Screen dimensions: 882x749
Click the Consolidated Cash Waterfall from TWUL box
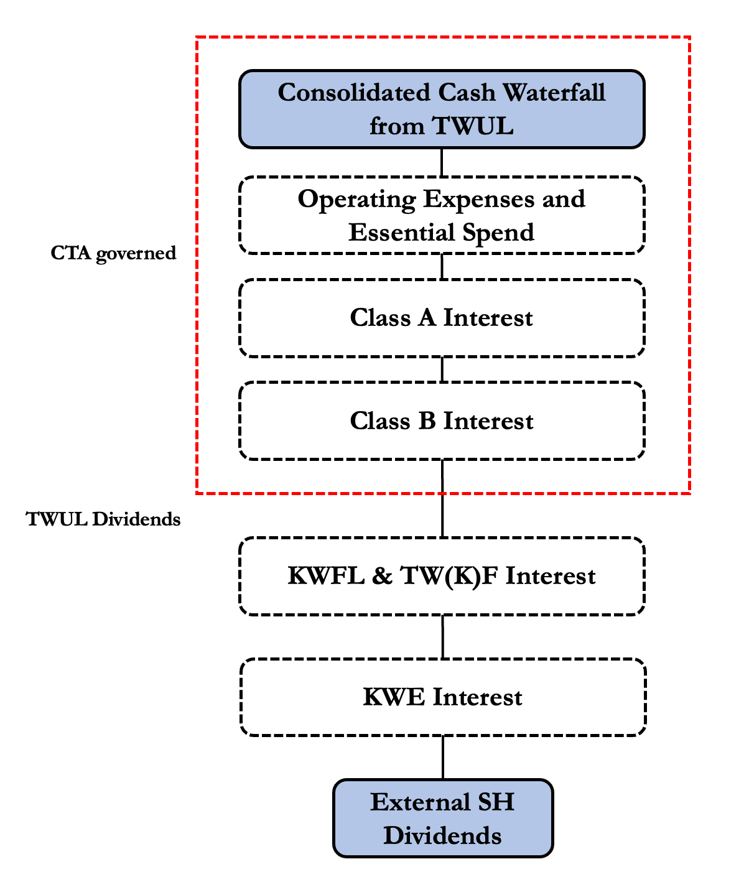point(442,109)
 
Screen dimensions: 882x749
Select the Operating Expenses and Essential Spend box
point(442,215)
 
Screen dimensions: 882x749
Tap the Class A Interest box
point(442,318)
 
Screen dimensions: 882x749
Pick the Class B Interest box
point(442,421)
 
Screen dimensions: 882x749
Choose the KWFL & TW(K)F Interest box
point(442,576)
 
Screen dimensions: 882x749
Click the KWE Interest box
point(442,697)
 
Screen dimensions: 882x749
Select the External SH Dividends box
point(442,819)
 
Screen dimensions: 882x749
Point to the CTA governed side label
point(113,253)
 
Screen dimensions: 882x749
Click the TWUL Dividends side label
point(103,519)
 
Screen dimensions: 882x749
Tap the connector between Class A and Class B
point(442,369)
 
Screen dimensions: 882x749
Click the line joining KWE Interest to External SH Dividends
point(443,758)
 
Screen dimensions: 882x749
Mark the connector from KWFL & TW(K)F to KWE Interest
point(443,637)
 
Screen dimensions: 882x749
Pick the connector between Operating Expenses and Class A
point(442,267)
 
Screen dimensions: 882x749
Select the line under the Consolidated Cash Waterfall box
point(442,163)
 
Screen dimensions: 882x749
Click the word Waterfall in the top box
point(554,93)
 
